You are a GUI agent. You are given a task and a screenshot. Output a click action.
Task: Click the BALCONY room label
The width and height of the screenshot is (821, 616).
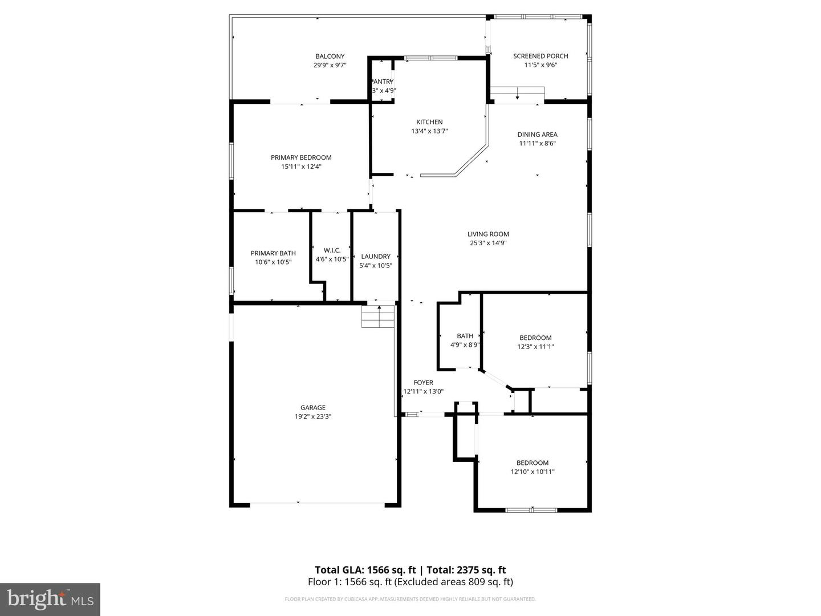coord(330,56)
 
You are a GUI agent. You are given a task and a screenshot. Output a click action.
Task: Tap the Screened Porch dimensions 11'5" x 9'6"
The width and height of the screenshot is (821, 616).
coord(540,65)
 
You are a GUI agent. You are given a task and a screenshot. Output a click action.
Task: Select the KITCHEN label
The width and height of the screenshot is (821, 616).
coord(429,122)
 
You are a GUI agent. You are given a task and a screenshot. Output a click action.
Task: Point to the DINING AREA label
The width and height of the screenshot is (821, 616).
coord(537,135)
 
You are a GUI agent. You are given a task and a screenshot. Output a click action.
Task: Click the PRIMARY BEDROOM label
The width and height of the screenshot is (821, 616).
coord(301,157)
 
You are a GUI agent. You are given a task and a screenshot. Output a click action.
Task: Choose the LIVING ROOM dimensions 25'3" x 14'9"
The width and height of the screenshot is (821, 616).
coord(488,243)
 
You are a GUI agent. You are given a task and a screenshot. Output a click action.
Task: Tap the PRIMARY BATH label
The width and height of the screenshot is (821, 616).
coord(273,253)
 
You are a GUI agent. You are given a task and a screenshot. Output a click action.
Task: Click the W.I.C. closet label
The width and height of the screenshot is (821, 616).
coord(332,250)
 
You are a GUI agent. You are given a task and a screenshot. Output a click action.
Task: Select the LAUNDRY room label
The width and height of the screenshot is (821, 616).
coord(376,257)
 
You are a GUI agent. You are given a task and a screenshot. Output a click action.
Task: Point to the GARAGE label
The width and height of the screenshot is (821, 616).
coord(313,408)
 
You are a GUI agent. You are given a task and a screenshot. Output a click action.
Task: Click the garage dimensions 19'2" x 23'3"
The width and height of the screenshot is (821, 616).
coord(313,417)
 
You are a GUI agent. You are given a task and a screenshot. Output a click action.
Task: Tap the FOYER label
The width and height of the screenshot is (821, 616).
coord(423,383)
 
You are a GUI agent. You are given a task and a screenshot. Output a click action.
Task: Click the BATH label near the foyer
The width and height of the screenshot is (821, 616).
coord(465,336)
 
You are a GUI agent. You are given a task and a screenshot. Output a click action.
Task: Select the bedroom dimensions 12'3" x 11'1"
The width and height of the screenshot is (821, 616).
coord(535,347)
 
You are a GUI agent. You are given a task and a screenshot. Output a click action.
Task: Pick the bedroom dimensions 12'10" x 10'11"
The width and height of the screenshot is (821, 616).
coord(533,472)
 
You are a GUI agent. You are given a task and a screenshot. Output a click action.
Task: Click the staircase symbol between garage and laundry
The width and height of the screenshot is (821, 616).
coord(378,317)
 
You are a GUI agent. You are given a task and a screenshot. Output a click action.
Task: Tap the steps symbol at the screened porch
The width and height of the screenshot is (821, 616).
coord(518,93)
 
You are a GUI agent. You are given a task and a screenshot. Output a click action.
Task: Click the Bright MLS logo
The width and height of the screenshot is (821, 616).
coord(50,599)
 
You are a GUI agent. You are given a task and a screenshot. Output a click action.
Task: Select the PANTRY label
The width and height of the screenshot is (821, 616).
coord(382,82)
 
